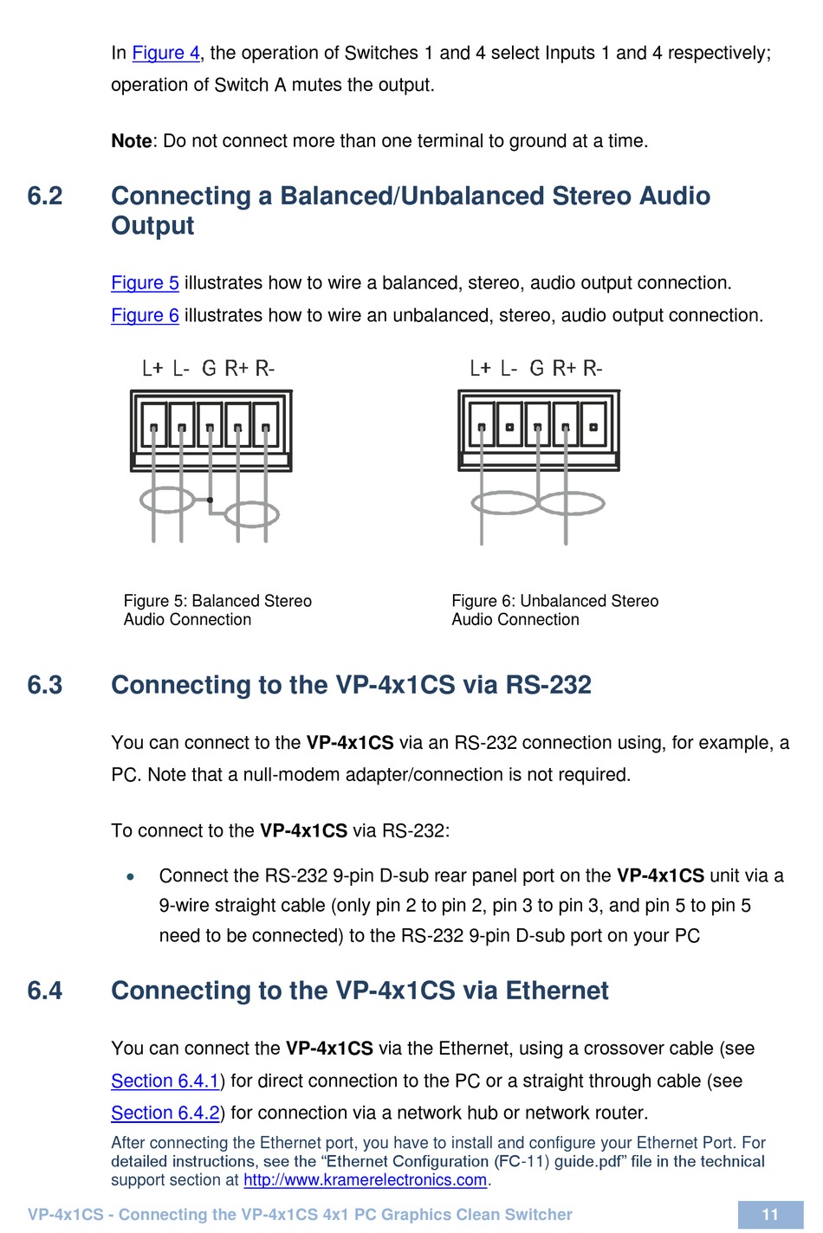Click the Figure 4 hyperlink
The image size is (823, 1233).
(165, 53)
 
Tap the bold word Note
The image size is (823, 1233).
(132, 141)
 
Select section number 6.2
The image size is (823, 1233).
(45, 196)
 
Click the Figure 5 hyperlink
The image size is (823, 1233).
(145, 283)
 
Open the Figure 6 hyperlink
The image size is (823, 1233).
(145, 315)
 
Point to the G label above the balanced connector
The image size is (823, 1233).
(209, 369)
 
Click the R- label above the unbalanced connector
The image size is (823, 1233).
(593, 369)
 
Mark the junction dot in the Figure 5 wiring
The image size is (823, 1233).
(210, 500)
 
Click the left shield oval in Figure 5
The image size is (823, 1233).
(166, 500)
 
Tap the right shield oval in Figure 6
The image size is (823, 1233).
(570, 502)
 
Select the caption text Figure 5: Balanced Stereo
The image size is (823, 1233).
(217, 601)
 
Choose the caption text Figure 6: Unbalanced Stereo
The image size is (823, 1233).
(554, 601)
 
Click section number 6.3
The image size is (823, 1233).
(45, 685)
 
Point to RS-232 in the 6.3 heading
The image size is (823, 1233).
(548, 685)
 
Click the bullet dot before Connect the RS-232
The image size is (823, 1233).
(131, 876)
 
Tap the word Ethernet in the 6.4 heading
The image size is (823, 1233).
(557, 991)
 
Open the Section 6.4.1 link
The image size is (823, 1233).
(165, 1081)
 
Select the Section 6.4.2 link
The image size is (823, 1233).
(165, 1113)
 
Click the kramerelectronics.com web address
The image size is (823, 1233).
(365, 1180)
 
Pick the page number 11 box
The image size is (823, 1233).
(770, 1214)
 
